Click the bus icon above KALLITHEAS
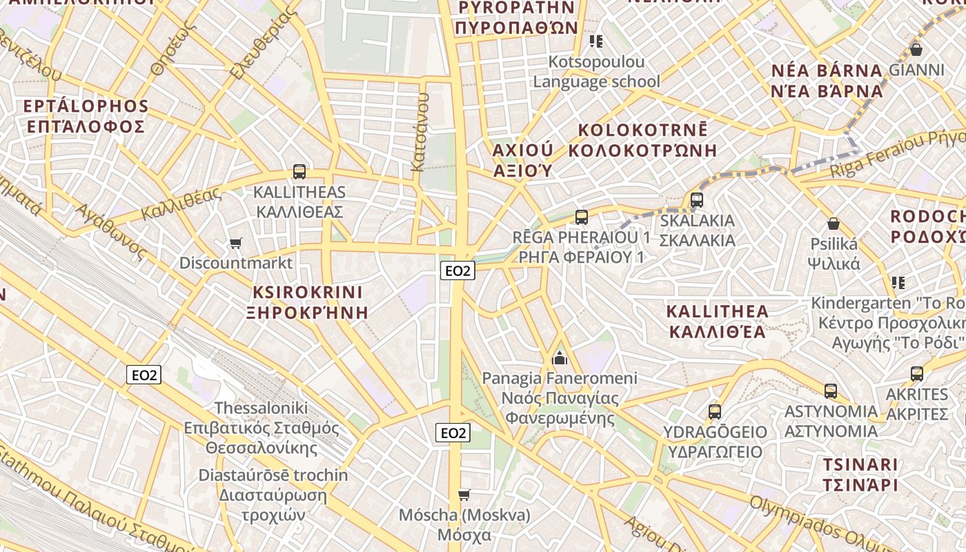coord(299,172)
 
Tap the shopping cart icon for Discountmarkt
coord(236,243)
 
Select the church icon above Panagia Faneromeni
coord(560,358)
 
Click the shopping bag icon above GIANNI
coord(916,50)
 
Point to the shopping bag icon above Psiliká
coord(834,224)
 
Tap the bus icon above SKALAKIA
coord(697,200)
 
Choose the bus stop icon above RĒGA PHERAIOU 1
coord(582,217)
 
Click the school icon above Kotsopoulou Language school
coord(597,41)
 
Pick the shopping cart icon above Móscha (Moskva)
coord(464,495)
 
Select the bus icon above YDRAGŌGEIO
coord(715,412)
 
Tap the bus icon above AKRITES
coord(917,374)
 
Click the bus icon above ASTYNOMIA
coord(831,391)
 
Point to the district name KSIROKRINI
coord(307,291)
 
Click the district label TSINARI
coord(860,464)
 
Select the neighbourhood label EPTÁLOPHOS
coord(86,106)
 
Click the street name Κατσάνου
coord(420,132)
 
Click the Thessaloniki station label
coord(262,408)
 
